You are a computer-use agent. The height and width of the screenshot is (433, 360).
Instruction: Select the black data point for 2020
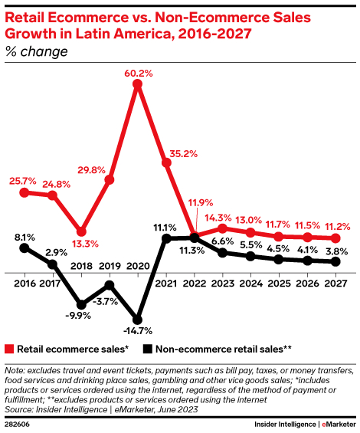click(x=137, y=320)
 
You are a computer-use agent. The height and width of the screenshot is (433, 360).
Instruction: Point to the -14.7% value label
click(x=138, y=332)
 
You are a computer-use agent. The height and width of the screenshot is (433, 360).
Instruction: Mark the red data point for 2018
click(x=80, y=230)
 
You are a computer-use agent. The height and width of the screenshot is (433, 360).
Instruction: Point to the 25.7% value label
click(x=23, y=181)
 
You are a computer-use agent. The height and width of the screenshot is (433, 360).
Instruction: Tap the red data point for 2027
click(x=335, y=238)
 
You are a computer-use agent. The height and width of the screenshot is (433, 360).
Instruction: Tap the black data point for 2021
click(x=165, y=239)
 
